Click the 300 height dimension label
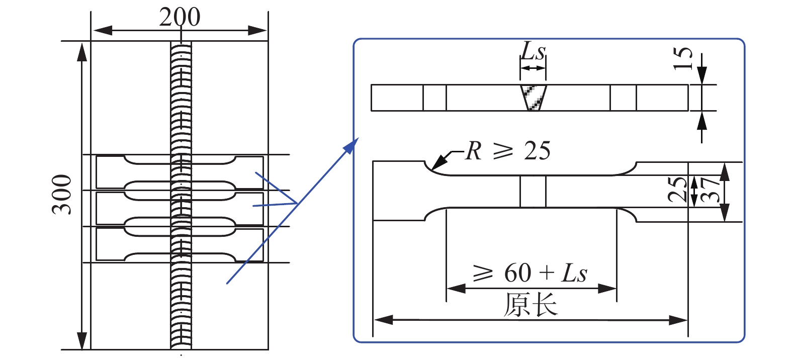(x=62, y=195)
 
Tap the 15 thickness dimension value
(x=682, y=58)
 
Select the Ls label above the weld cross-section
(x=533, y=51)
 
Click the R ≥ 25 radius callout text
(x=508, y=150)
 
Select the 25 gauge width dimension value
(x=678, y=189)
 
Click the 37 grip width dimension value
(x=711, y=190)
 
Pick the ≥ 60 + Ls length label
(x=531, y=273)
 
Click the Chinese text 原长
(x=531, y=305)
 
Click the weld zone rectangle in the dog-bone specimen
(x=533, y=192)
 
